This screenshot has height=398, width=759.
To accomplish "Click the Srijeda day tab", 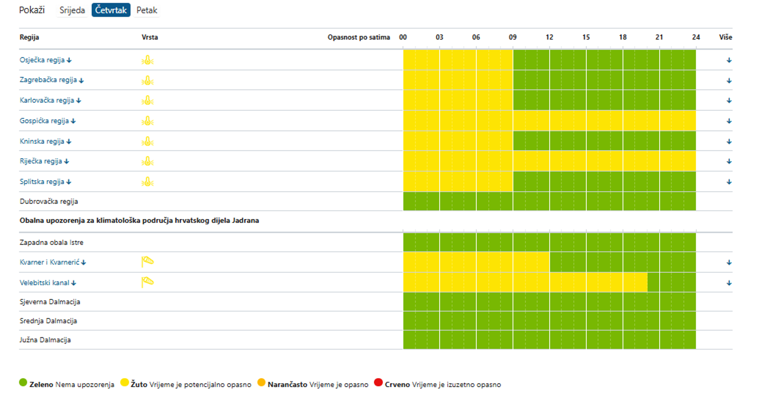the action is click(x=72, y=10).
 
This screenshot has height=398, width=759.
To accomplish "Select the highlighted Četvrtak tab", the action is click(x=111, y=10).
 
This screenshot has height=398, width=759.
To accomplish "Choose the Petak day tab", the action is click(x=147, y=10).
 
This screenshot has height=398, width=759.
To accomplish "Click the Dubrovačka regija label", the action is click(x=49, y=202).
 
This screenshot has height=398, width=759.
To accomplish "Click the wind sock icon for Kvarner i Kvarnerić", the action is click(x=147, y=262).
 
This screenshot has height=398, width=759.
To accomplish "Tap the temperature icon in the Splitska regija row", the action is click(x=147, y=182).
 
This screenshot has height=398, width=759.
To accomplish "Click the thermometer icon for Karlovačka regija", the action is click(x=147, y=100).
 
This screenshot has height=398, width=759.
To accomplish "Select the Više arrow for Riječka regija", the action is click(x=729, y=161).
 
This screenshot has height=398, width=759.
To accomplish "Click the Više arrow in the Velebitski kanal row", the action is click(x=729, y=283).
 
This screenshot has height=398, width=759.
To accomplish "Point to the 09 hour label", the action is click(x=513, y=37).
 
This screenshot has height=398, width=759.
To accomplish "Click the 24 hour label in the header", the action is click(x=696, y=37).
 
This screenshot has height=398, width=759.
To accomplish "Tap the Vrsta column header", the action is click(x=150, y=37).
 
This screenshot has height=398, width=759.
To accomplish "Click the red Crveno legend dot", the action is click(x=378, y=383).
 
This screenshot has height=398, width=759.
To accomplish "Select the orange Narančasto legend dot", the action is click(x=261, y=383).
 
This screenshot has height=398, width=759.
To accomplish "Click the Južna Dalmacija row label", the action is click(x=45, y=340).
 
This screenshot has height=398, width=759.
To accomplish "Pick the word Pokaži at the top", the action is click(x=32, y=10).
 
